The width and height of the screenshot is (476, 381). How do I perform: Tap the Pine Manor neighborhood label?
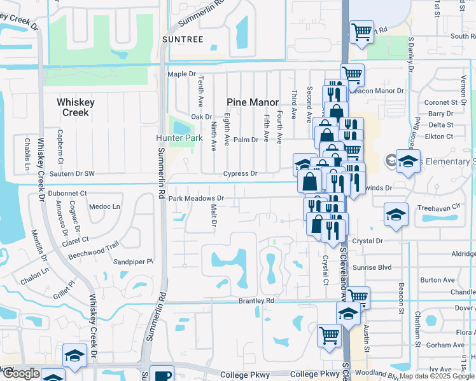[x=253, y=102]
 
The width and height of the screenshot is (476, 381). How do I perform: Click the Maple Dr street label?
[x=180, y=74]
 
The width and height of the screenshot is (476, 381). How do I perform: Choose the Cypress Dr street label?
[x=240, y=173]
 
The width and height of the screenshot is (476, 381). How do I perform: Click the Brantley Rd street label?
[x=256, y=300]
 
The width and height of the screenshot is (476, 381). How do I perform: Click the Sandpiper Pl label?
[x=134, y=261]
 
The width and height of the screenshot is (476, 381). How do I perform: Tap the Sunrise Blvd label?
[x=375, y=268]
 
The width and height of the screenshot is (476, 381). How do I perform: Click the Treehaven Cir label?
[x=438, y=207]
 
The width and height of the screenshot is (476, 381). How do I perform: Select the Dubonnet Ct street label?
[x=67, y=192]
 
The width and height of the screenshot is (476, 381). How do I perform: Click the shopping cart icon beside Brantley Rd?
[x=358, y=296]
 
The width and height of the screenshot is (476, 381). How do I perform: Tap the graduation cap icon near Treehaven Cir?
[x=396, y=213]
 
